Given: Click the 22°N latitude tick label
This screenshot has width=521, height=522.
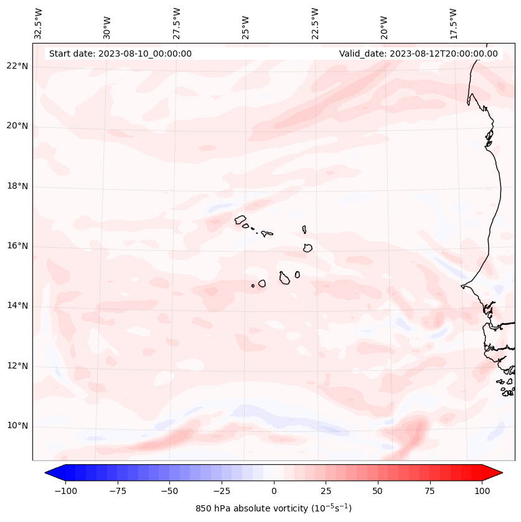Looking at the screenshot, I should [x=17, y=66].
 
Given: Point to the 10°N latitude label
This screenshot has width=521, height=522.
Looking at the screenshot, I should [x=17, y=426].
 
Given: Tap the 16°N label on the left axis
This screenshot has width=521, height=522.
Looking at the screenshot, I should [x=17, y=246].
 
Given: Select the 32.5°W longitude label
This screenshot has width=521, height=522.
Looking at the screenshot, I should [x=39, y=23].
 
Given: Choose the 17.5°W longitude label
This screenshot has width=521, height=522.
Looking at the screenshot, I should [x=453, y=23].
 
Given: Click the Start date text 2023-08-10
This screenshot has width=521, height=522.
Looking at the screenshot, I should [x=120, y=54].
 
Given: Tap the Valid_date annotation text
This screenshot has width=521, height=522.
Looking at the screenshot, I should [x=418, y=54].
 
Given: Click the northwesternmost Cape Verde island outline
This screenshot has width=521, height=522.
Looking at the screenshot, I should [x=240, y=219].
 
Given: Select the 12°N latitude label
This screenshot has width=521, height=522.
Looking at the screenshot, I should [x=17, y=366].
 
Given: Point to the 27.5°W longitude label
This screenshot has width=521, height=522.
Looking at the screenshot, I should [x=177, y=23].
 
